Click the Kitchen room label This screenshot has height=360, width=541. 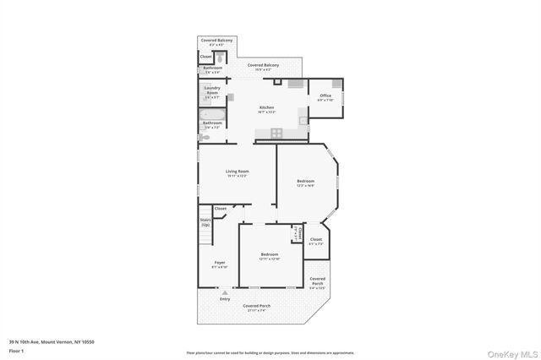tap(266, 108)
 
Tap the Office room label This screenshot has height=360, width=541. tap(325, 96)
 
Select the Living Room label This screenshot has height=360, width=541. tap(237, 172)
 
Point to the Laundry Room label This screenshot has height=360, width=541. tap(212, 93)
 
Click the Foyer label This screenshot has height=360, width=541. tap(219, 264)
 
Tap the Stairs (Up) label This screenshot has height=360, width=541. tap(205, 222)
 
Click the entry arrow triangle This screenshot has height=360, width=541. tap(225, 292)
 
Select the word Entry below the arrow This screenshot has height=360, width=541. tap(225, 299)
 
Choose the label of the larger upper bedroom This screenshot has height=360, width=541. tap(305, 182)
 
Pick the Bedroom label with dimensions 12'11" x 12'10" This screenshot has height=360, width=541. tap(269, 255)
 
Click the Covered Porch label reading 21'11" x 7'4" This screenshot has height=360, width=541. tap(256, 306)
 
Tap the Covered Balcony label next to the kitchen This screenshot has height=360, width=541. tap(263, 65)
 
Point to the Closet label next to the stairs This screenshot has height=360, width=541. tap(220, 208)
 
